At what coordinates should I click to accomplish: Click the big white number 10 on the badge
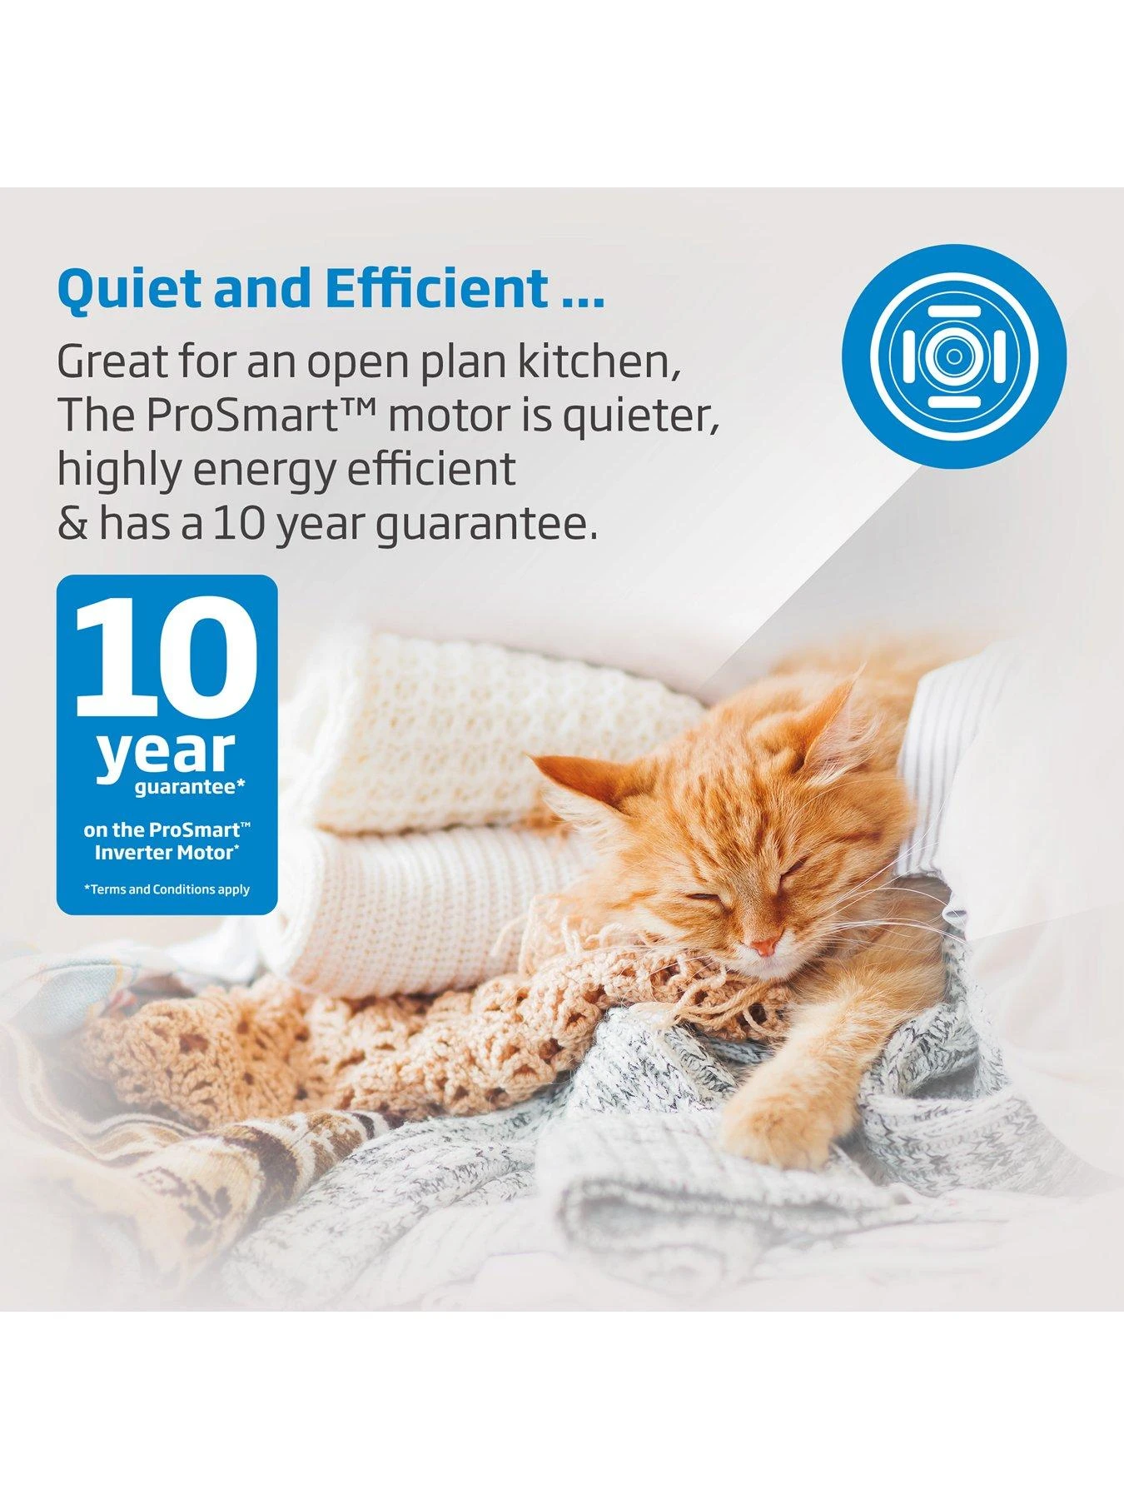point(167,656)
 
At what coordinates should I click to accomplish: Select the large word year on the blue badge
point(167,754)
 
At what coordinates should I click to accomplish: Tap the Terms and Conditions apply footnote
point(167,889)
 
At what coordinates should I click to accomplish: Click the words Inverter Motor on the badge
point(167,852)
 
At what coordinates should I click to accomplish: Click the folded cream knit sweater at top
point(508,733)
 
